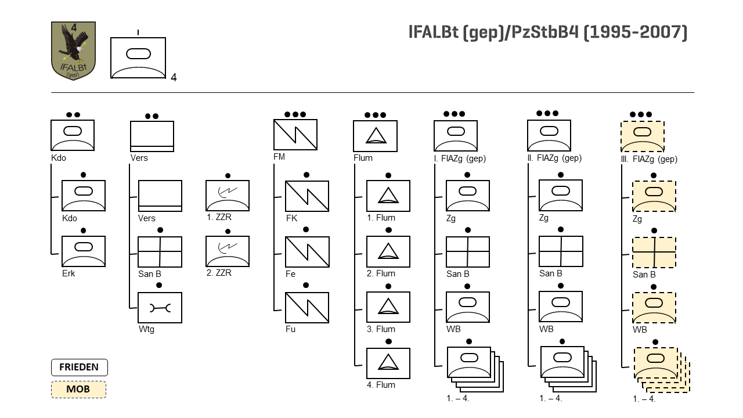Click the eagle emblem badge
[73, 51]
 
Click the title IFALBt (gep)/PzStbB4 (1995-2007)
[548, 33]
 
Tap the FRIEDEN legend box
[79, 367]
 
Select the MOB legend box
[78, 389]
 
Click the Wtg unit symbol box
[160, 308]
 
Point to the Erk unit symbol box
[84, 251]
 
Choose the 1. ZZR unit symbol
[228, 196]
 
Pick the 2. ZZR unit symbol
[228, 251]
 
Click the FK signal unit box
[307, 196]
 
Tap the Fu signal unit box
[307, 308]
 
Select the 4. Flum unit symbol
[388, 363]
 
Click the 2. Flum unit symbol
[388, 251]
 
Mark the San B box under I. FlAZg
[468, 252]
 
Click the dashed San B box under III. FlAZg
[654, 252]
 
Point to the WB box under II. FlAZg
[561, 307]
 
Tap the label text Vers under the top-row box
[139, 158]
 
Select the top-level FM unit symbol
[295, 135]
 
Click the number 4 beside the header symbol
[174, 78]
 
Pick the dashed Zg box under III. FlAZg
[654, 196]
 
